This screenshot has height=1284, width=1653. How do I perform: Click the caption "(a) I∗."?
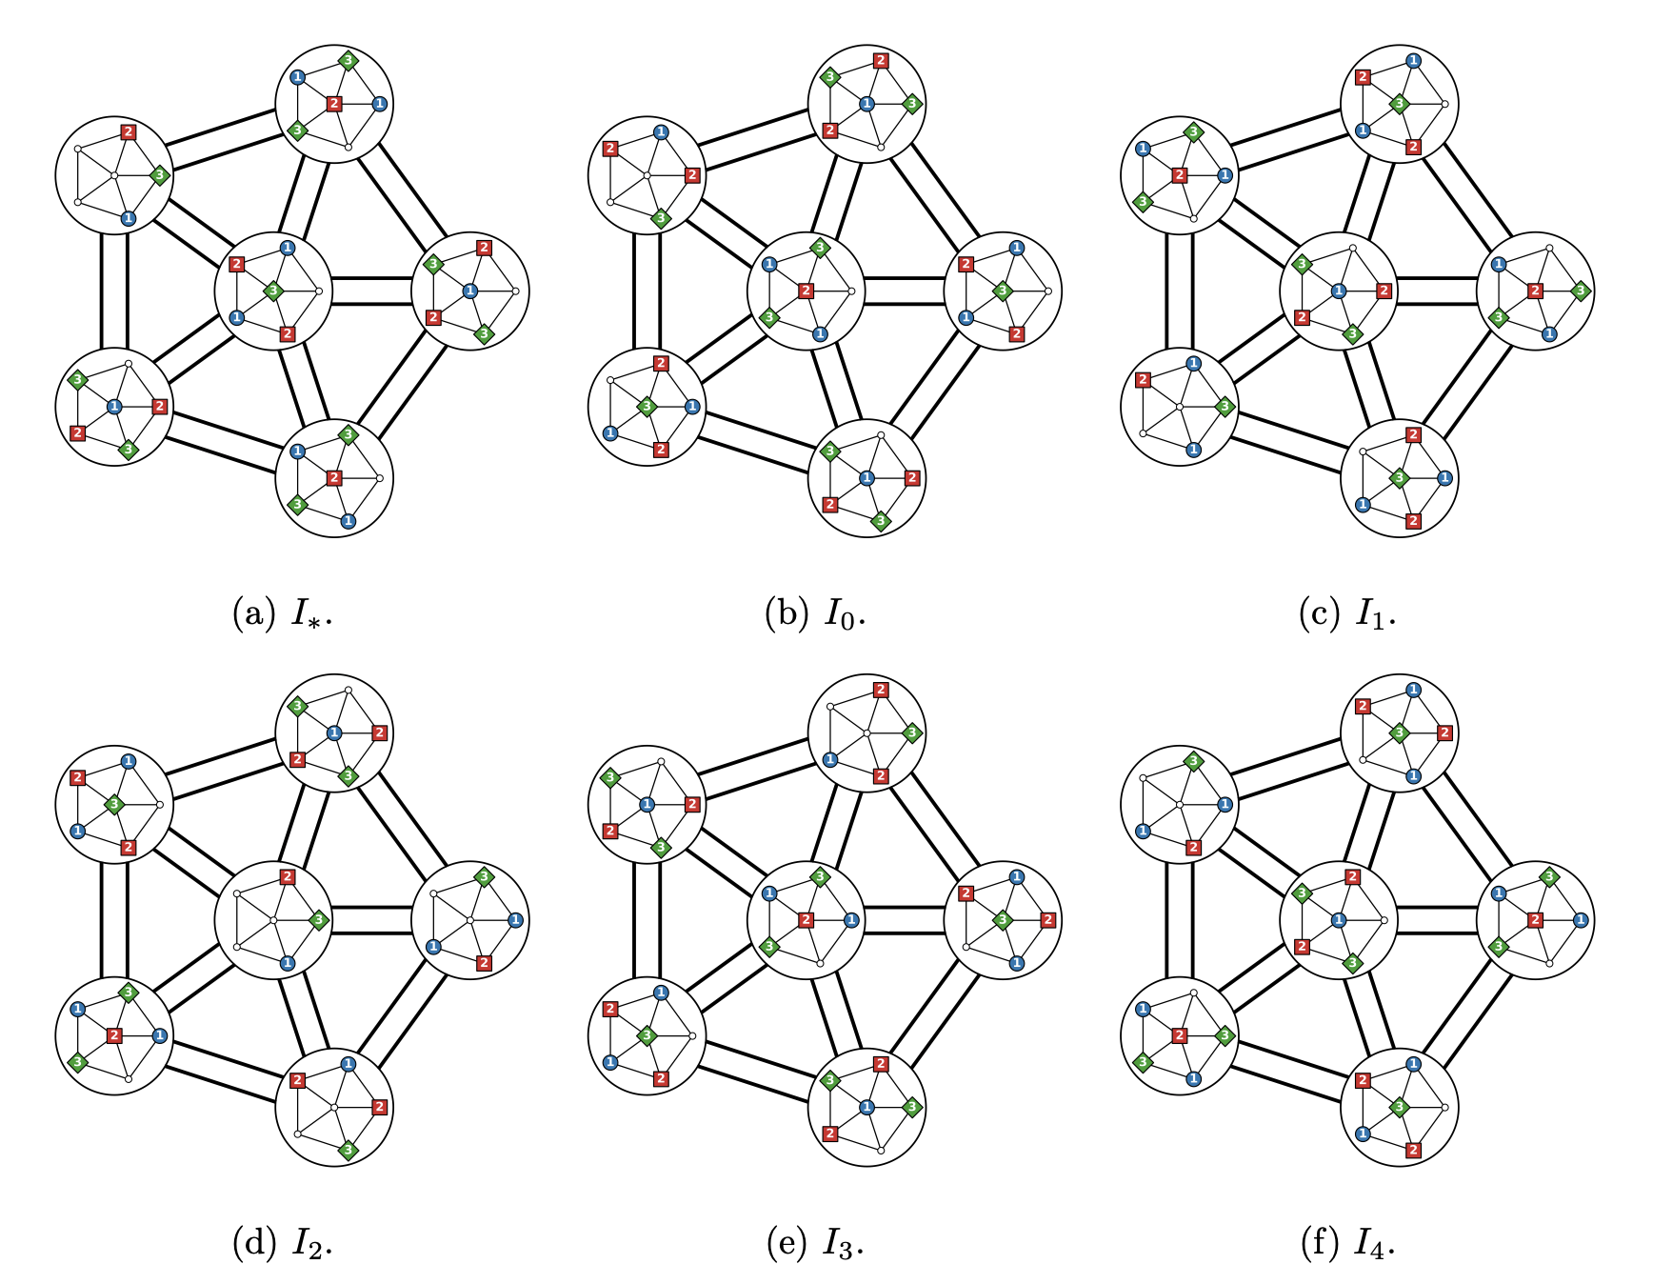283,614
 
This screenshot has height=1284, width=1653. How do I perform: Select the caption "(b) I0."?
816,614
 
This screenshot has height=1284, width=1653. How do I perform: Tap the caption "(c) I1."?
1348,614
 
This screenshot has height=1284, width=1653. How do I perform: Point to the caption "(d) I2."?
283,1242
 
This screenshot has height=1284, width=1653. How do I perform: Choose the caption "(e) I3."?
816,1242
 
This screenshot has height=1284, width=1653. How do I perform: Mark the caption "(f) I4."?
1348,1242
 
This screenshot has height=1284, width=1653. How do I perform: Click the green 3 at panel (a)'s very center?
274,290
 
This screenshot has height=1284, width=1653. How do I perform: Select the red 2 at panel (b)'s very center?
807,291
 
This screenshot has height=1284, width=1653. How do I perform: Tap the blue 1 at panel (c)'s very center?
1339,291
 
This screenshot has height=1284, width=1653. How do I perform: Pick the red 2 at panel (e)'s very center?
807,919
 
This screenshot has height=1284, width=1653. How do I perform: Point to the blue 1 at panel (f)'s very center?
1339,919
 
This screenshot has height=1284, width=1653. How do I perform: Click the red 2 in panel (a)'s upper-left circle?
129,131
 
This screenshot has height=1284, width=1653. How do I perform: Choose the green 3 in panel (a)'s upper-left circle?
160,175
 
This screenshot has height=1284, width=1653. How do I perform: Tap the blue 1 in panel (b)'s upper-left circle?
661,131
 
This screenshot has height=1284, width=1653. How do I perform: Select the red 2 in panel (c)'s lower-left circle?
1143,379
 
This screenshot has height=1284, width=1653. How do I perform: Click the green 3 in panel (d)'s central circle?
319,919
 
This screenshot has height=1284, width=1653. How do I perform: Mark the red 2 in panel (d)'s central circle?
288,876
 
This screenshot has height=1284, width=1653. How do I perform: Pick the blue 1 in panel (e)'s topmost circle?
830,759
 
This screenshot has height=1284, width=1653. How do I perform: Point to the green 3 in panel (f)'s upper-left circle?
1193,760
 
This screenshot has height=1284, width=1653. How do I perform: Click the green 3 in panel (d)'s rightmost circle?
484,876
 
